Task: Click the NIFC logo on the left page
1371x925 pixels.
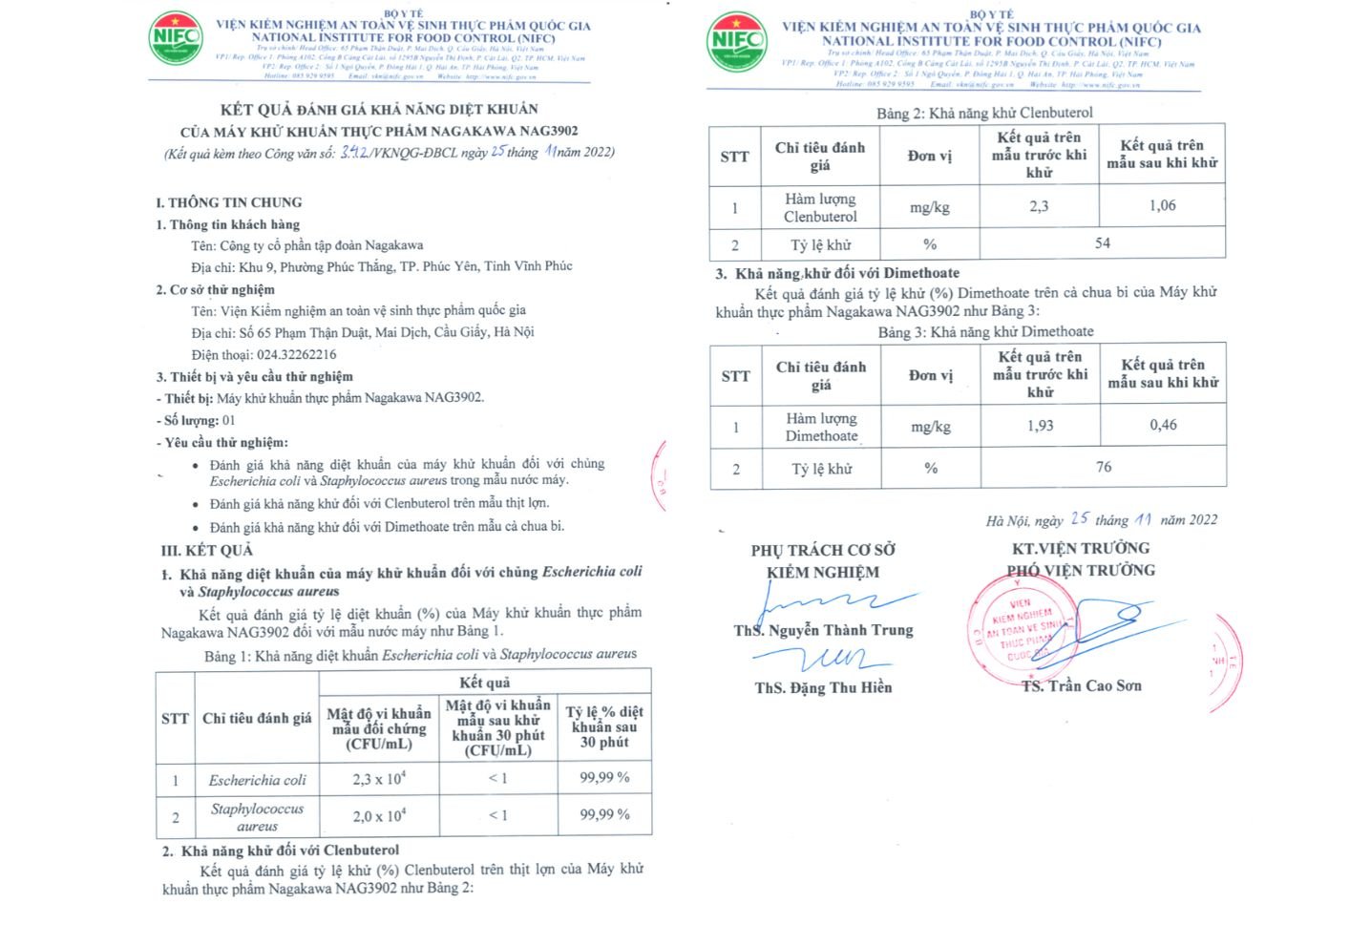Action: point(176,37)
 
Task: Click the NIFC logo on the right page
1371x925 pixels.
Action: point(736,41)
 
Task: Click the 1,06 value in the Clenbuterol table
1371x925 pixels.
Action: point(1162,205)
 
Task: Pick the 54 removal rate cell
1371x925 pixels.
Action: point(1102,243)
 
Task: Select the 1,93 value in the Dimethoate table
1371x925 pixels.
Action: point(1040,426)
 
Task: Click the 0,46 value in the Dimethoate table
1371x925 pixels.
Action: point(1163,425)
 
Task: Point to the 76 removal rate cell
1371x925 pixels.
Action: point(1103,467)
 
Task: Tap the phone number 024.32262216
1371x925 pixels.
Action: point(296,354)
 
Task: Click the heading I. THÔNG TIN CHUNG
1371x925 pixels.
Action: point(229,202)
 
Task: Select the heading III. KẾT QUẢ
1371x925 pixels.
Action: point(207,550)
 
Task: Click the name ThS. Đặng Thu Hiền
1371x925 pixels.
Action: point(823,687)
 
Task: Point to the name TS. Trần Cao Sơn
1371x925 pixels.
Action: point(1081,685)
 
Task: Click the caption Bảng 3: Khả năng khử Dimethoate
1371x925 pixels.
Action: point(985,331)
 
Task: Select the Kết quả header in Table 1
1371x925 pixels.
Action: point(484,682)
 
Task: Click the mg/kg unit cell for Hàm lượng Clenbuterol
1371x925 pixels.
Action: point(929,207)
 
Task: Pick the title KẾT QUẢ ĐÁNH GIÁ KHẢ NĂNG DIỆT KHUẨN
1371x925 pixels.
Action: point(379,109)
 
